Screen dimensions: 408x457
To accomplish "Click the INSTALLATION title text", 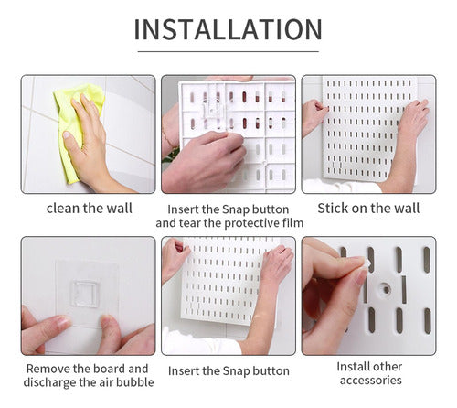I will click(x=228, y=28).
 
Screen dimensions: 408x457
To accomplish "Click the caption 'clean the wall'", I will click(x=89, y=209).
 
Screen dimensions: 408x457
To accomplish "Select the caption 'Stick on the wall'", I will click(x=367, y=209).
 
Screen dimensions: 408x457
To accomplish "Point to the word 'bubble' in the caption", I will click(x=132, y=382).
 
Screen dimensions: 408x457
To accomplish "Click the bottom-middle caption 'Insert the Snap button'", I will click(x=228, y=370).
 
